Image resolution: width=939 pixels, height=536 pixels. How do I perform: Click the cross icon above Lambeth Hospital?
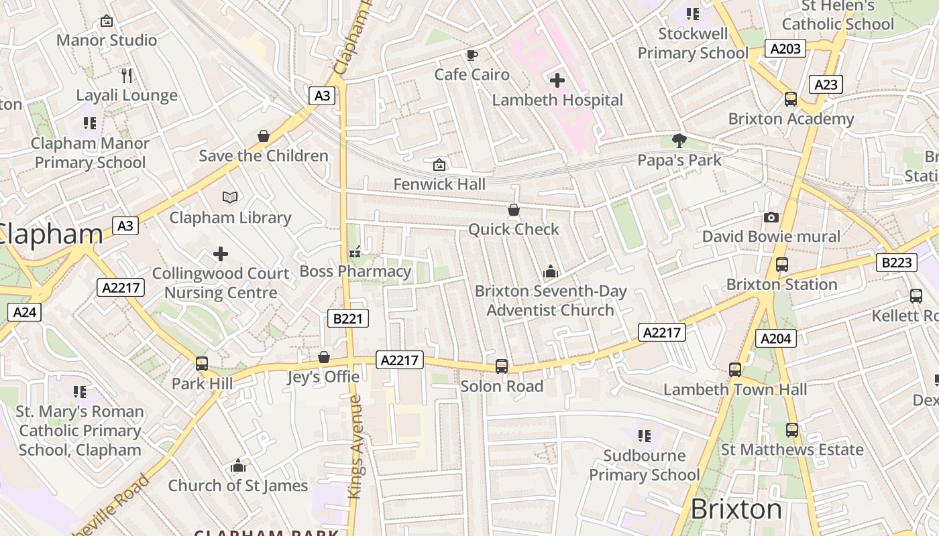557,80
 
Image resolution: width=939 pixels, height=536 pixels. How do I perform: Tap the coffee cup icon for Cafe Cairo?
472,55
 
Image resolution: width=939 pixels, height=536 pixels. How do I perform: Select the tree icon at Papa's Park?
679,141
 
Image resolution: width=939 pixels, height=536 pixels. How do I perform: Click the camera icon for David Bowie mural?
771,217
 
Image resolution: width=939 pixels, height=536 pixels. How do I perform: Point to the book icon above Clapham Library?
230,197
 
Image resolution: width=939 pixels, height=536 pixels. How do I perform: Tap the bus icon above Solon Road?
502,366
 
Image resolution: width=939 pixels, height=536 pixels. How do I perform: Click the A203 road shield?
785,48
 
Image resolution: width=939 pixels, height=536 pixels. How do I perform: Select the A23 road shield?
826,84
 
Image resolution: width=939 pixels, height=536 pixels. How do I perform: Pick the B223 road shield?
897,263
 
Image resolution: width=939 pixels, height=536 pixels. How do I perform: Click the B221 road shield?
347,318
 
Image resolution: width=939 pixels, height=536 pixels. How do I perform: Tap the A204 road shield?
776,338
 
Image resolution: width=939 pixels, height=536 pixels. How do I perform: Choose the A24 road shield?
25,312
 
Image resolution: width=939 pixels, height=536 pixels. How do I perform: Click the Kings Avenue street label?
355,447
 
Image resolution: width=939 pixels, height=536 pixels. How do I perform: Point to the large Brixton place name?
736,510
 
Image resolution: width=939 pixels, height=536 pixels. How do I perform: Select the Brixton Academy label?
791,119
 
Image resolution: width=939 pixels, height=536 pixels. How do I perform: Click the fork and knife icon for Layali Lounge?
127,75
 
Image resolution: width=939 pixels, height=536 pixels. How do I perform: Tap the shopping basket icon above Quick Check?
514,210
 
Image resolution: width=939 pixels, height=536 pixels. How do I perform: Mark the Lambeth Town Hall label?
735,389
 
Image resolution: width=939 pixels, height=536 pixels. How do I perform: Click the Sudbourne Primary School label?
644,465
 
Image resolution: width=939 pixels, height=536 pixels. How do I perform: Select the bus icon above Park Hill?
202,364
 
